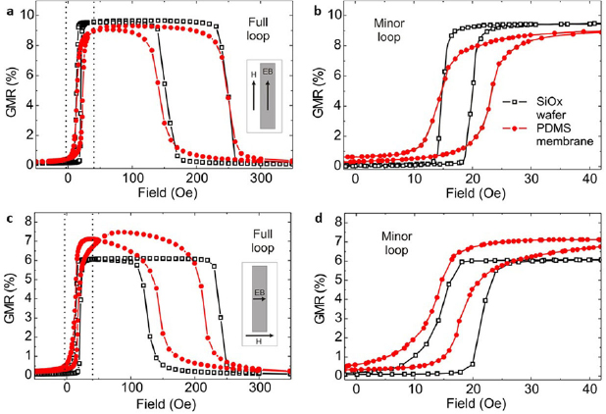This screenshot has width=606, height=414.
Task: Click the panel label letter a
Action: click(7, 9)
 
